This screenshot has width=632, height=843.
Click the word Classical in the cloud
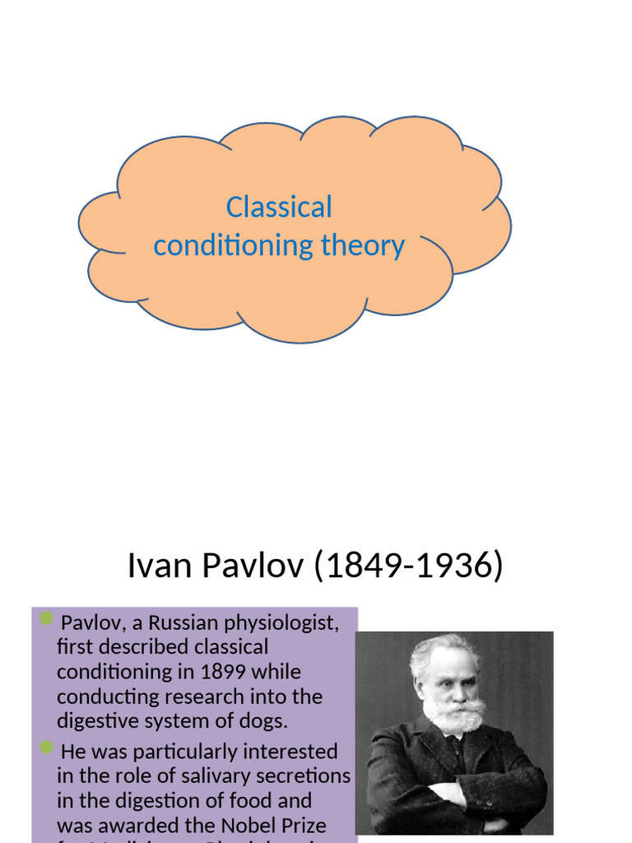[279, 207]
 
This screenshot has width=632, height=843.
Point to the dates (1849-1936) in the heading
[408, 566]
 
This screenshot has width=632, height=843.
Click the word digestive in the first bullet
[94, 721]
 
